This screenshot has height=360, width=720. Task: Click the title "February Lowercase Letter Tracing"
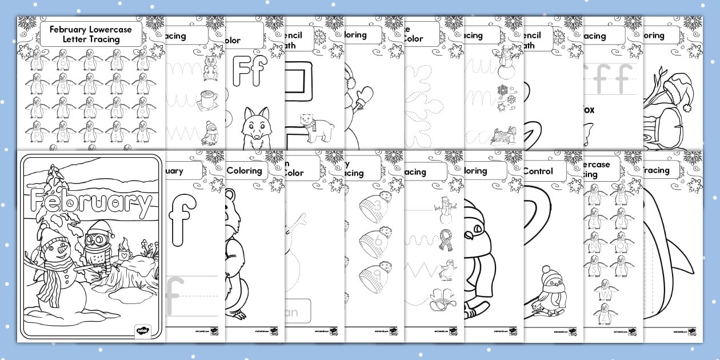pyautogui.click(x=91, y=34)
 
